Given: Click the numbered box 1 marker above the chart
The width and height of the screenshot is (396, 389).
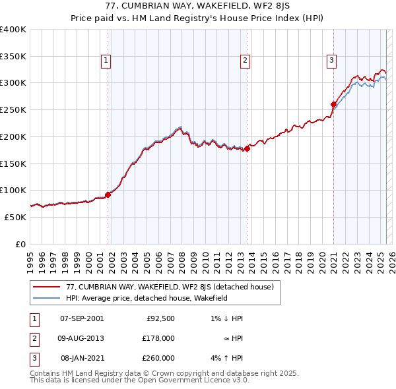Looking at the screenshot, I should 106,61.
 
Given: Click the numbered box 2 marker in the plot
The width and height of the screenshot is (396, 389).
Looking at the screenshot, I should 245,61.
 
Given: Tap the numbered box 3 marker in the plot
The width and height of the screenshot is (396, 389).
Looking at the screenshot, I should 331,61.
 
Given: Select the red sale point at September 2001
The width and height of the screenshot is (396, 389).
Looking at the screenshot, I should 108,194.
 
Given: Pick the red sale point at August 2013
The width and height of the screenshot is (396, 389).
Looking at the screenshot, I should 247,148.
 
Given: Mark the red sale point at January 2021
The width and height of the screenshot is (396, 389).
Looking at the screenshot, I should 334,104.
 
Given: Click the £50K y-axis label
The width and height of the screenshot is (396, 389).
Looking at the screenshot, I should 16,217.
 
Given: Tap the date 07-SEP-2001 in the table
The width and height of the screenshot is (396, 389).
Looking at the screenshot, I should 82,318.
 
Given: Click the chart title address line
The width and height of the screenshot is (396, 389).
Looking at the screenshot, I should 198,5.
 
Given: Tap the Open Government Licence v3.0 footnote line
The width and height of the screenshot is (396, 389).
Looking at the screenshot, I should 139,380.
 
